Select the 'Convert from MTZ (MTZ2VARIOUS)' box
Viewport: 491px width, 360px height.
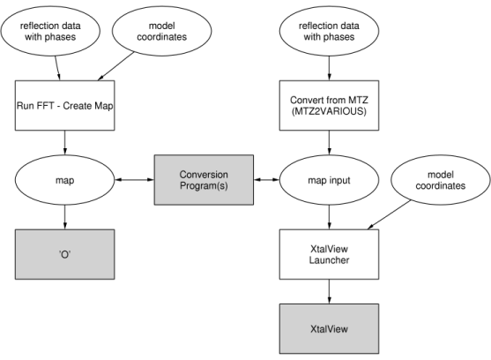coord(328,105)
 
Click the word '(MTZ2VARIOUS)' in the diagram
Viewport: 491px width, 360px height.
coord(328,112)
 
